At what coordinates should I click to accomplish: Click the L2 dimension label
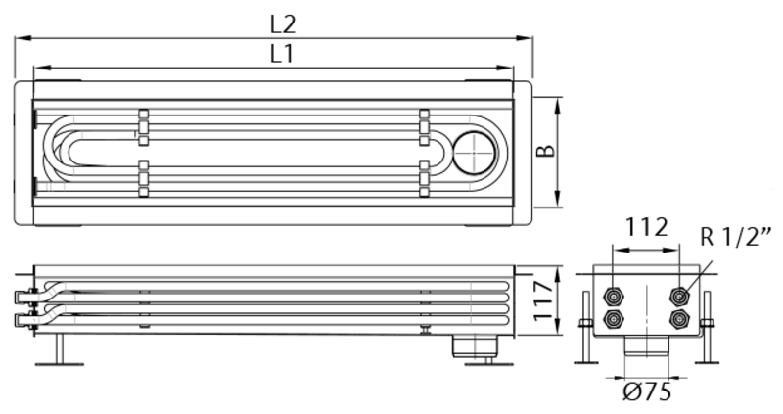pyautogui.click(x=283, y=24)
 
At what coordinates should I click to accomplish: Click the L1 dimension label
pyautogui.click(x=282, y=54)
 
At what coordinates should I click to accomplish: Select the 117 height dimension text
pyautogui.click(x=544, y=301)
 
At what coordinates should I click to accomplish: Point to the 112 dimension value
pyautogui.click(x=646, y=228)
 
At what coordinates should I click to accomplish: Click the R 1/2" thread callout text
pyautogui.click(x=735, y=236)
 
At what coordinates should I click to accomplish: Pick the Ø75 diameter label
pyautogui.click(x=647, y=392)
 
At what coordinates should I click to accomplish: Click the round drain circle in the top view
pyautogui.click(x=475, y=153)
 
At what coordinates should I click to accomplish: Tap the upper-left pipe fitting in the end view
pyautogui.click(x=613, y=298)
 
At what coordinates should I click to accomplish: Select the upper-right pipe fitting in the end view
pyautogui.click(x=679, y=298)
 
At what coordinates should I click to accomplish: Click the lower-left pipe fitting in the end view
pyautogui.click(x=613, y=319)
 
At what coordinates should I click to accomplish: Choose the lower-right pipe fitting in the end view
pyautogui.click(x=679, y=319)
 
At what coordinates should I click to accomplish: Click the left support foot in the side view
pyautogui.click(x=60, y=349)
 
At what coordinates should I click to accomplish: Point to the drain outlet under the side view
pyautogui.click(x=475, y=346)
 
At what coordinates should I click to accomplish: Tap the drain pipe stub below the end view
pyautogui.click(x=647, y=345)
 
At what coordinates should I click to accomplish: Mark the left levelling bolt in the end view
pyautogui.click(x=586, y=328)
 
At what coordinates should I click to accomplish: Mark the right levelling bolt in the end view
pyautogui.click(x=707, y=328)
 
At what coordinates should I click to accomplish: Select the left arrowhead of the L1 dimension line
pyautogui.click(x=42, y=68)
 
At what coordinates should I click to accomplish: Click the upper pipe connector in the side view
pyautogui.click(x=25, y=297)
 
